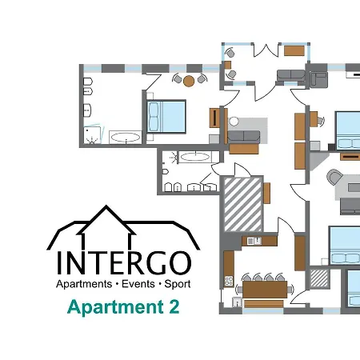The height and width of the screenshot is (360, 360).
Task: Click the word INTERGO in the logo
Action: (x=123, y=262)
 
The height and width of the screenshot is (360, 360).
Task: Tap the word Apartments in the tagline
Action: (x=83, y=285)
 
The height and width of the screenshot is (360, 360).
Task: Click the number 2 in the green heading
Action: (x=174, y=306)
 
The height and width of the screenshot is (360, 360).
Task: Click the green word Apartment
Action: (x=115, y=307)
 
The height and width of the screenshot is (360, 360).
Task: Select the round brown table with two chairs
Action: (x=189, y=80)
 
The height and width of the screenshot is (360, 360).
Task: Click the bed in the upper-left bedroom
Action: (x=166, y=116)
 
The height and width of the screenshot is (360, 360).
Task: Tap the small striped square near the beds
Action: (x=319, y=278)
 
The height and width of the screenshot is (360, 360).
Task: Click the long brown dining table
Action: (x=265, y=287)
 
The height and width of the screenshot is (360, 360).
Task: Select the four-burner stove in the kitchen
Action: (x=229, y=282)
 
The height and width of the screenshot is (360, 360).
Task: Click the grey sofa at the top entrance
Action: (x=289, y=76)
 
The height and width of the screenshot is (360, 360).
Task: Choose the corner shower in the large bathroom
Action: (x=95, y=135)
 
